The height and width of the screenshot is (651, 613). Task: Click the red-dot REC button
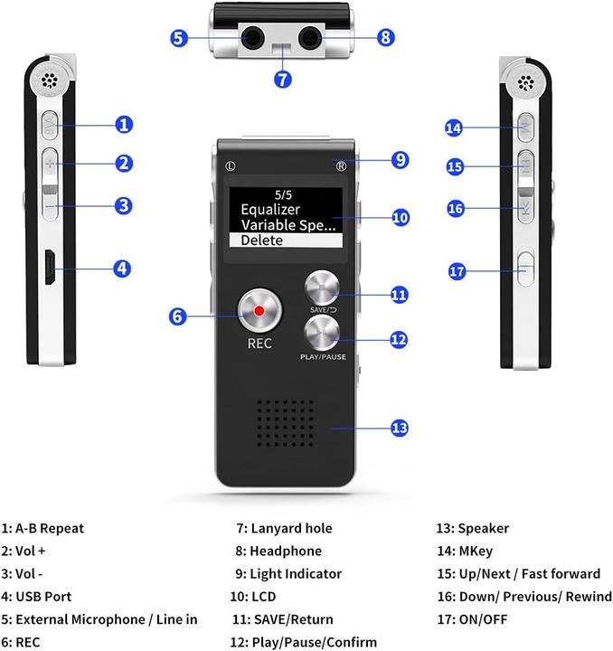pyautogui.click(x=259, y=312)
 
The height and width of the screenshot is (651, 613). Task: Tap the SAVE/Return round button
pyautogui.click(x=324, y=289)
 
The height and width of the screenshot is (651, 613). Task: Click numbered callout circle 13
pyautogui.click(x=399, y=428)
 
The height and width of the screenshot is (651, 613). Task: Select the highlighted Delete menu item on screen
pyautogui.click(x=285, y=241)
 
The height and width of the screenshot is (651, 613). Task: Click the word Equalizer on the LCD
pyautogui.click(x=270, y=209)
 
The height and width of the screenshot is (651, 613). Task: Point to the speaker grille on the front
pyautogui.click(x=286, y=425)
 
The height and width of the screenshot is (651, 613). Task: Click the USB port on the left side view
pyautogui.click(x=51, y=267)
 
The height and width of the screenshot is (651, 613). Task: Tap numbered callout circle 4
pyautogui.click(x=124, y=268)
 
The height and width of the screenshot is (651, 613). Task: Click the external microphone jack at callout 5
pyautogui.click(x=252, y=37)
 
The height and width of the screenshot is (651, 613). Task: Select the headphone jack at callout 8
pyautogui.click(x=313, y=37)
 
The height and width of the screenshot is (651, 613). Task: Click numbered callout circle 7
pyautogui.click(x=283, y=79)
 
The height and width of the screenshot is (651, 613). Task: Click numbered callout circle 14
pyautogui.click(x=455, y=127)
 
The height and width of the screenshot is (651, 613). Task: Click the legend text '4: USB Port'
pyautogui.click(x=37, y=597)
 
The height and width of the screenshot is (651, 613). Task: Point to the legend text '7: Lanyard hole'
pyautogui.click(x=284, y=528)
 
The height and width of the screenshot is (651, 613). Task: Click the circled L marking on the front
pyautogui.click(x=231, y=165)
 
